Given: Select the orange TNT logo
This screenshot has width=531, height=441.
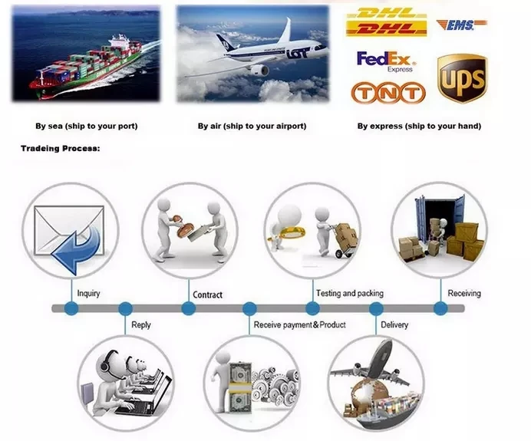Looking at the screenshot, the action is tap(388, 94).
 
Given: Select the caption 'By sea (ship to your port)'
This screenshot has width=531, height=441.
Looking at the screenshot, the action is tap(87, 126).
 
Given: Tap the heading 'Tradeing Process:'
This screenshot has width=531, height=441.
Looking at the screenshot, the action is tap(60, 148).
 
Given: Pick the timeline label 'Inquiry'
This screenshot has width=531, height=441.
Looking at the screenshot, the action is tap(88, 293).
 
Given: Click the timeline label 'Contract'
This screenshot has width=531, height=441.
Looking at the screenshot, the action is tap(207, 295).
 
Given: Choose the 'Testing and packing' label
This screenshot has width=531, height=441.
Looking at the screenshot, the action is tap(349, 293).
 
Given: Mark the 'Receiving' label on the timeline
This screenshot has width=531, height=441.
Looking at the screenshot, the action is tap(464, 293).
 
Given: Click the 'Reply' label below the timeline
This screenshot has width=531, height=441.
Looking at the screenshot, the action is tap(141, 324).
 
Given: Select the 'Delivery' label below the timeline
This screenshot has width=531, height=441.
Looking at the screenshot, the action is tap(394, 324).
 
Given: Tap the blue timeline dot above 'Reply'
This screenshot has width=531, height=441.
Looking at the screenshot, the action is tap(126, 308).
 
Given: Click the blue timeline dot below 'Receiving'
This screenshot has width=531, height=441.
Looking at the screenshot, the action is tap(440, 308).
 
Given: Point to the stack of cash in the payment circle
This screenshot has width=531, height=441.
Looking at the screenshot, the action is tap(239, 381).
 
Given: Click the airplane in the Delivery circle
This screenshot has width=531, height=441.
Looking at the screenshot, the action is tap(373, 364).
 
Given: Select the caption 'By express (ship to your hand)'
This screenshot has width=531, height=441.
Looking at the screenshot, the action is tap(419, 126).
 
